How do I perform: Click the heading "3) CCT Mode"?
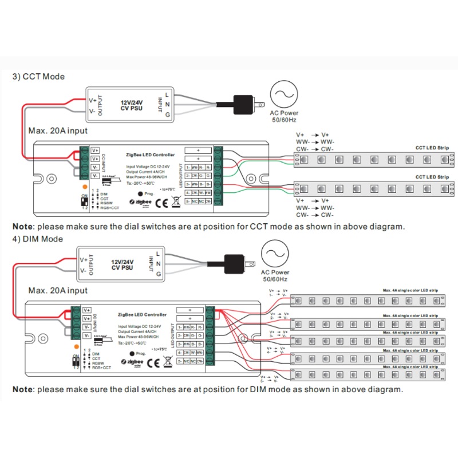coord(38,77)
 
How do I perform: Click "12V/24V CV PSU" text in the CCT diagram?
coord(132,106)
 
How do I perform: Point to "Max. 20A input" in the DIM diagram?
coord(58,291)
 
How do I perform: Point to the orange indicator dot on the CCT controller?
coord(85,187)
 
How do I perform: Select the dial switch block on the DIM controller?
coord(76,362)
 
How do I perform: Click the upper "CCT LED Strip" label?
coord(432,148)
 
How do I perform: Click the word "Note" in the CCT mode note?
coord(23,226)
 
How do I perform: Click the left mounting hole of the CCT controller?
coord(52,179)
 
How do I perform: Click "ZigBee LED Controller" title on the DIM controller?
coord(141,315)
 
